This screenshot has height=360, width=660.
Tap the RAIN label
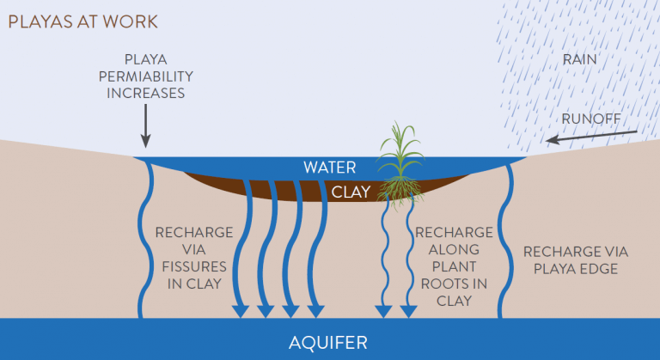click(579, 60)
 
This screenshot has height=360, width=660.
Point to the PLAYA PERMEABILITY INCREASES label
click(145, 76)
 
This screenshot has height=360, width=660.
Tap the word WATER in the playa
click(329, 168)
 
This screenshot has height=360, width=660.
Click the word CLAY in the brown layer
click(351, 192)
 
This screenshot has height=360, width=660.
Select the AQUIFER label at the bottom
click(328, 343)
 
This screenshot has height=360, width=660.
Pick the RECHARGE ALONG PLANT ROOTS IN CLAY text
click(454, 266)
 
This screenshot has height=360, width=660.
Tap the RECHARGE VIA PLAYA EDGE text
click(576, 259)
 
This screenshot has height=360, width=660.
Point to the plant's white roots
click(399, 190)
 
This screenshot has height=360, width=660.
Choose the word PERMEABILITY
click(145, 76)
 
